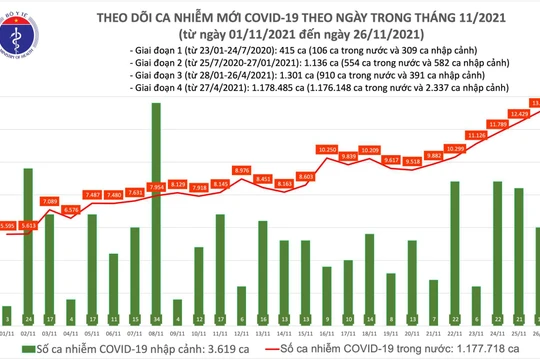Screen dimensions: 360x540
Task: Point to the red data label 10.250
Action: (x=327, y=149)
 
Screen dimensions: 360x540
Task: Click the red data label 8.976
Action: (x=241, y=171)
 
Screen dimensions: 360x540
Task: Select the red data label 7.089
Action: (x=48, y=201)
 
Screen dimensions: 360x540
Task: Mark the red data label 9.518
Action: (x=413, y=160)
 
